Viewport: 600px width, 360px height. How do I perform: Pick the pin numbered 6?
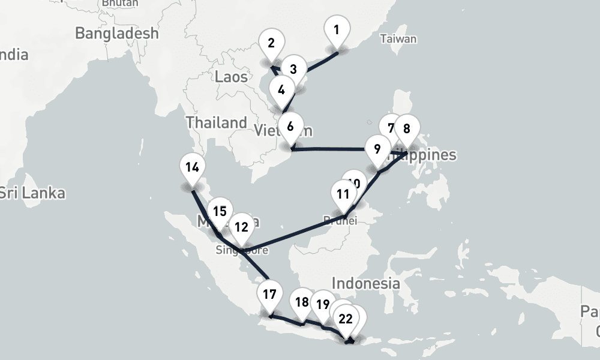pyautogui.click(x=290, y=127)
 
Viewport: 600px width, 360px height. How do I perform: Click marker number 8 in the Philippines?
pyautogui.click(x=407, y=129)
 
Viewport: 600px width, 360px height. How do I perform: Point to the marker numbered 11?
pyautogui.click(x=343, y=194)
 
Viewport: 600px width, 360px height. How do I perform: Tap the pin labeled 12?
pyautogui.click(x=241, y=227)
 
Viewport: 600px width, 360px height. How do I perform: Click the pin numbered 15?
pyautogui.click(x=220, y=212)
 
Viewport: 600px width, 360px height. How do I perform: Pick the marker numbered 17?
pyautogui.click(x=269, y=295)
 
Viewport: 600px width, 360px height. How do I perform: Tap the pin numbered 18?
pyautogui.click(x=302, y=302)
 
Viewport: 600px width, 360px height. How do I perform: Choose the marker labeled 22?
pyautogui.click(x=346, y=319)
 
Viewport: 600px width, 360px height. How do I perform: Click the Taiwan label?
pyautogui.click(x=398, y=40)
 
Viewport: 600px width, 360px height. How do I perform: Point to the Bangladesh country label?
pyautogui.click(x=117, y=33)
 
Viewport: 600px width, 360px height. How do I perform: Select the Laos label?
pyautogui.click(x=231, y=76)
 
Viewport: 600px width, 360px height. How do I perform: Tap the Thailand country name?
pyautogui.click(x=216, y=122)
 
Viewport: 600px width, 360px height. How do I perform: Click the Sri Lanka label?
pyautogui.click(x=32, y=193)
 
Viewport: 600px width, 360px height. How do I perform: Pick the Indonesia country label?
pyautogui.click(x=365, y=283)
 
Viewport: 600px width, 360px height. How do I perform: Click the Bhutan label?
pyautogui.click(x=120, y=3)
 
